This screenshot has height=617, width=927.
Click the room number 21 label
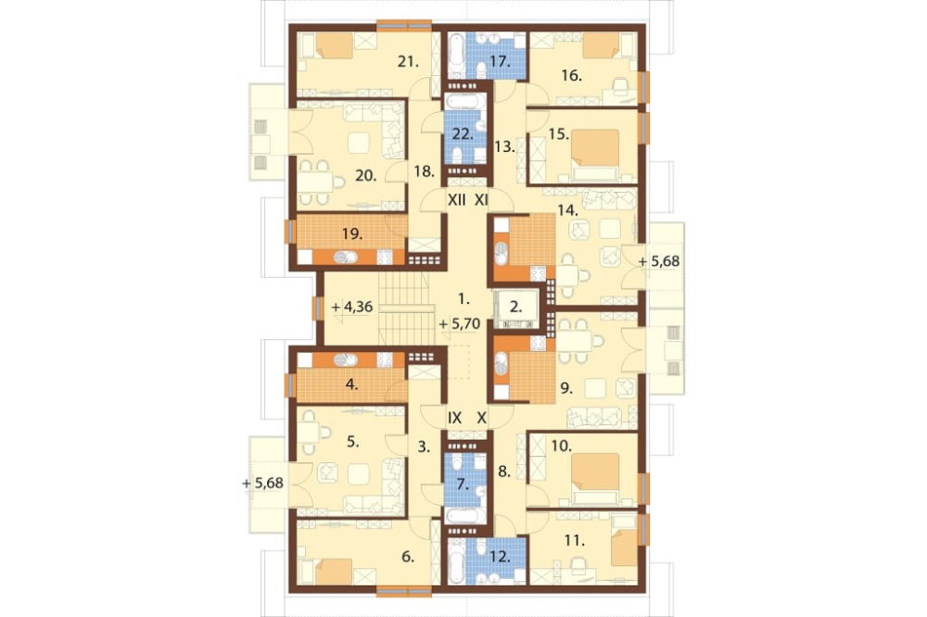point(409,61)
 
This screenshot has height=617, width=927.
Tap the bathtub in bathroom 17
point(456,57)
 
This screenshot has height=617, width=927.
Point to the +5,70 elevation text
point(460,324)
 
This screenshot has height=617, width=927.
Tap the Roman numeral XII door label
point(456,200)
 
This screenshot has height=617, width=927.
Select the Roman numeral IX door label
point(454,419)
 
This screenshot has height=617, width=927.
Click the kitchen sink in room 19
point(345,258)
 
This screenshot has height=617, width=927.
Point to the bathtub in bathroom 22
point(465,102)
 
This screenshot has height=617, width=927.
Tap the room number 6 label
point(408,557)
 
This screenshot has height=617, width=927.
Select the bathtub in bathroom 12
point(456,560)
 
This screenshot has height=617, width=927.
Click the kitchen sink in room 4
point(345,359)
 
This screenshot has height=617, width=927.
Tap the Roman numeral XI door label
point(482,200)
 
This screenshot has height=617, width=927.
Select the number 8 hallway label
point(503,472)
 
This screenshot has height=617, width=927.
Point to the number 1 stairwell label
point(464,299)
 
